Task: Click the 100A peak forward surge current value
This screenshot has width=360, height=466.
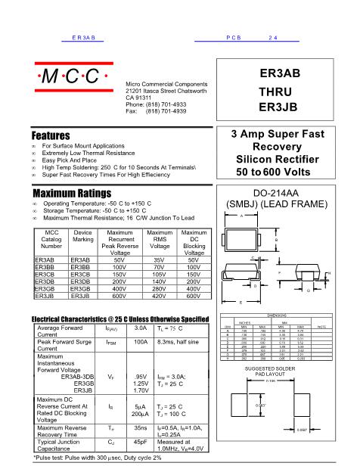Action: point(141,342)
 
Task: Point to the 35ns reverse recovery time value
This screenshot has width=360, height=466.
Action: point(141,428)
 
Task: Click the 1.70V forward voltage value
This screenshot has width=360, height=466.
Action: point(141,390)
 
